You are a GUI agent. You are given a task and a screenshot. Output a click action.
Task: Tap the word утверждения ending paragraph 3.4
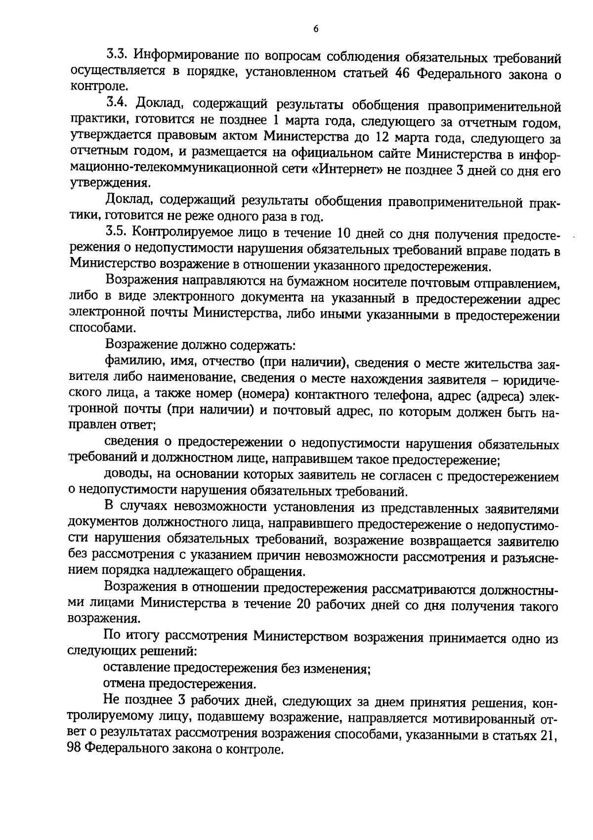(x=109, y=184)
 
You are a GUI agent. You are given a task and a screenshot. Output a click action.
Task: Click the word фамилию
(x=128, y=362)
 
